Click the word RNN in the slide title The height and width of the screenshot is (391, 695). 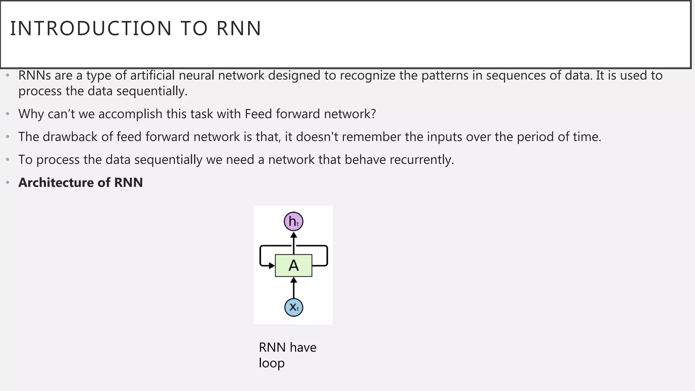point(239,29)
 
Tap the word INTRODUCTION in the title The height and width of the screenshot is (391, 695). point(91,29)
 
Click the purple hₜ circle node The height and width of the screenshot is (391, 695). point(293,222)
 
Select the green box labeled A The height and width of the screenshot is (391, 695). point(294,265)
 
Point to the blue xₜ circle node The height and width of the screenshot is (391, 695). point(294,308)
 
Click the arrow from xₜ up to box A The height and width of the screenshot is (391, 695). point(294,288)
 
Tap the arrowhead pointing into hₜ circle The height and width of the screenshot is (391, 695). point(294,235)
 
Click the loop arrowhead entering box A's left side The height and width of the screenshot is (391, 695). point(272,266)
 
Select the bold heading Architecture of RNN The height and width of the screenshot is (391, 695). point(80,183)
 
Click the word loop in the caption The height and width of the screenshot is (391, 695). point(271,363)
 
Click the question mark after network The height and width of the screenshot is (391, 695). point(374,114)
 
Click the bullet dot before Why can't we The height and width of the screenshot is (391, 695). point(8,114)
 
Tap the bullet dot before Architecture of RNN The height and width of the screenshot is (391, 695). point(8,183)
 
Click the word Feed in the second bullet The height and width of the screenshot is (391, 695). point(258,114)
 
